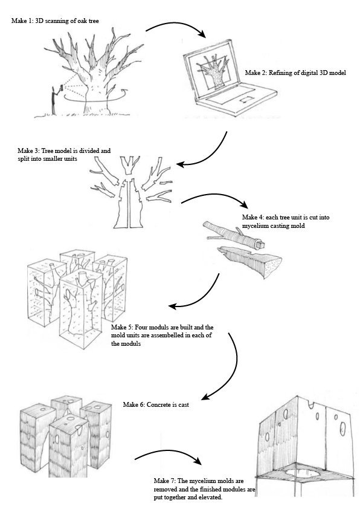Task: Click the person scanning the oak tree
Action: tap(54, 99)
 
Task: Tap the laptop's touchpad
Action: tap(246, 100)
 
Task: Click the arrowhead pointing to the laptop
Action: tap(202, 34)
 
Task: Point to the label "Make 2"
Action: tap(256, 73)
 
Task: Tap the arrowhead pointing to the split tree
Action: tap(181, 164)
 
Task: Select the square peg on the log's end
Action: tap(261, 243)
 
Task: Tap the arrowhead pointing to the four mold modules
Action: tap(173, 306)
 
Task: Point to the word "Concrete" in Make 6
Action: tap(157, 405)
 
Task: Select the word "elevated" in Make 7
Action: tap(211, 498)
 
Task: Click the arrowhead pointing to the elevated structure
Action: tap(196, 461)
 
